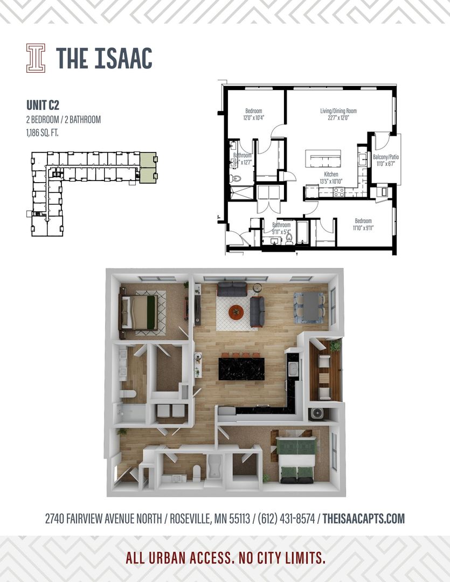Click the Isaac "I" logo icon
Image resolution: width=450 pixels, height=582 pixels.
point(36,58)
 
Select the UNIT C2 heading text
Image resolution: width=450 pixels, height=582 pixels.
point(43,105)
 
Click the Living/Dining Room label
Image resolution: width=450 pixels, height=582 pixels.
point(338,111)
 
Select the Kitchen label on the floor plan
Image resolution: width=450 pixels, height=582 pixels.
point(331,175)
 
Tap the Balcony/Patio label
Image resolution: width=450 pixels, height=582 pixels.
point(386,157)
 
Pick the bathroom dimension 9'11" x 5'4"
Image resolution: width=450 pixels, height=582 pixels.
point(281,231)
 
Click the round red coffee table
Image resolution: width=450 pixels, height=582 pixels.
point(236,311)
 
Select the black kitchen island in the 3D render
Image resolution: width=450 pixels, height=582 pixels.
point(241,369)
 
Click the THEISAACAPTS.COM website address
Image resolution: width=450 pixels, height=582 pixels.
point(364,519)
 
